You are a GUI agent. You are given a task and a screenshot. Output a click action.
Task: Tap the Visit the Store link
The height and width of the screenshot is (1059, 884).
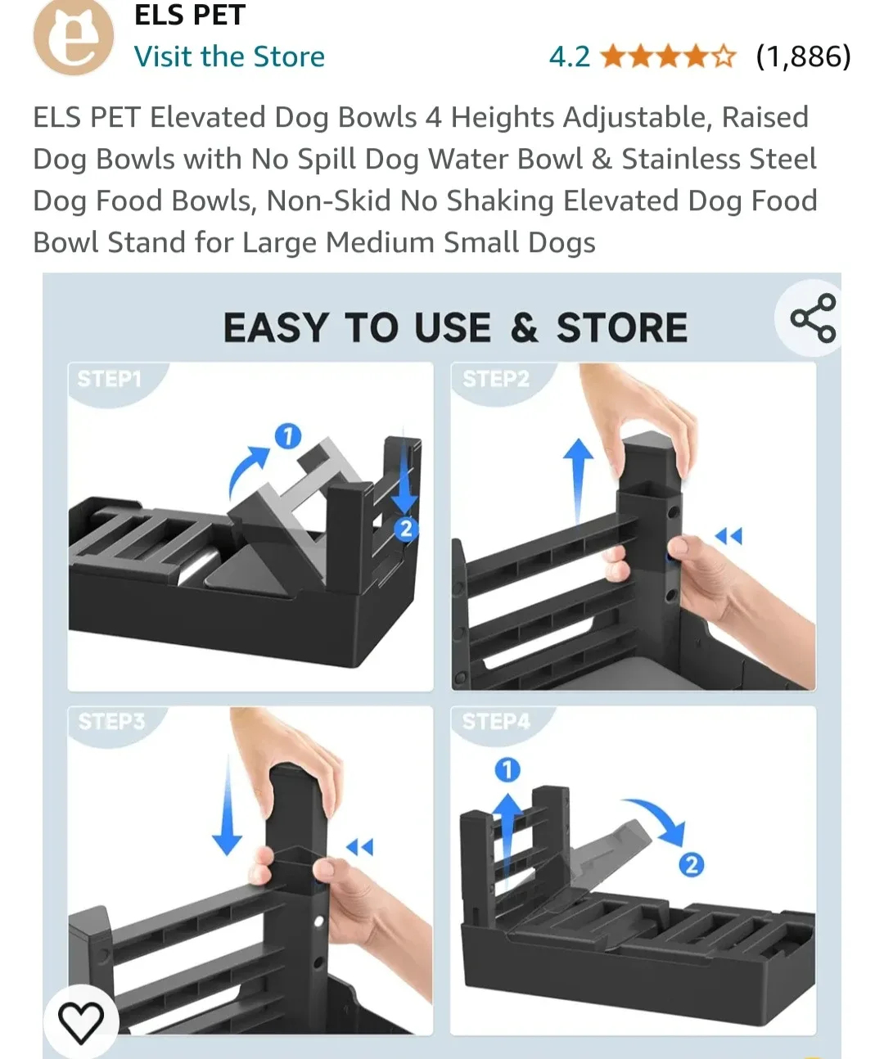click(229, 56)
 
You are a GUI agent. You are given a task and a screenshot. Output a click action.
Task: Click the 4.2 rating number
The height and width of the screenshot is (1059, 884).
click(569, 56)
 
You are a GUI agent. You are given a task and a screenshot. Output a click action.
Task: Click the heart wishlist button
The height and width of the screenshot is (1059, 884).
click(81, 1021)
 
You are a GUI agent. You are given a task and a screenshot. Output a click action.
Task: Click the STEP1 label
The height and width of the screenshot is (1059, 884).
click(110, 379)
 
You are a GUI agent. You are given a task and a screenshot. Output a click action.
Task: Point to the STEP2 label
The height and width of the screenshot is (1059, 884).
click(496, 379)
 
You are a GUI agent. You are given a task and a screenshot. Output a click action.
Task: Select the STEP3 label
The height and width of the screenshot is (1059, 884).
click(111, 721)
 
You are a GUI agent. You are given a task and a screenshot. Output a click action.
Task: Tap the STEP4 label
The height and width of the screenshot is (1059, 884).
click(496, 721)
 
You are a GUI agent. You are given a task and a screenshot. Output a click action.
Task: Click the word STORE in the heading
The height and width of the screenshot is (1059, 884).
click(622, 328)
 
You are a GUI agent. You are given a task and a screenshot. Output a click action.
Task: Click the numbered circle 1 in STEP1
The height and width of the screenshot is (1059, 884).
click(287, 436)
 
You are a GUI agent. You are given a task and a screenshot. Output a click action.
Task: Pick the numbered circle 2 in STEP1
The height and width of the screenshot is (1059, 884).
click(405, 529)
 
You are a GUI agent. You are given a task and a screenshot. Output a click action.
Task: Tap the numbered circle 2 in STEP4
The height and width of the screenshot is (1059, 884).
click(692, 864)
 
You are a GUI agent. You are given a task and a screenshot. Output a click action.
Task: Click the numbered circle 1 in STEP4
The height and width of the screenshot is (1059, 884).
click(507, 769)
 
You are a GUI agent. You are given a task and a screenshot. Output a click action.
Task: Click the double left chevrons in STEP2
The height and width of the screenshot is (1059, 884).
click(728, 536)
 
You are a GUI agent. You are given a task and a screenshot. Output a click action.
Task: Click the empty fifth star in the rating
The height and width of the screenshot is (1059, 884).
click(724, 56)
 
